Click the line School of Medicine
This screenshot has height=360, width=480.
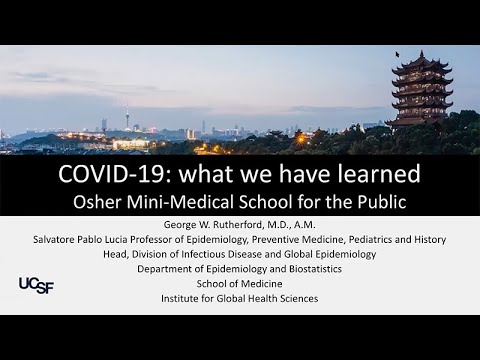click(240, 283)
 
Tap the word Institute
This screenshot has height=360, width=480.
click(181, 298)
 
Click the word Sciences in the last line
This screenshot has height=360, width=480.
click(297, 298)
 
